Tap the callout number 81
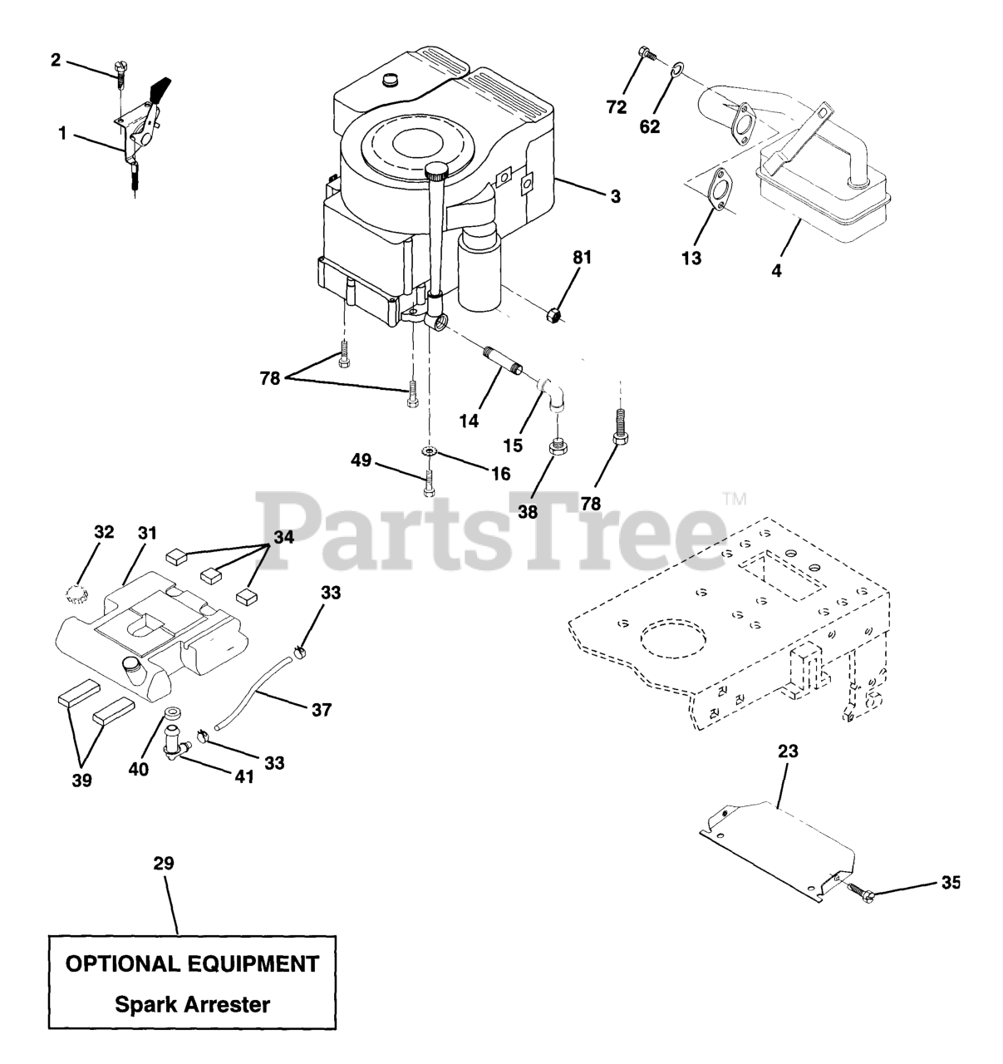click(582, 258)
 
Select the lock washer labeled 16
click(429, 450)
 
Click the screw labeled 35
click(856, 891)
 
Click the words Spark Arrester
click(192, 1004)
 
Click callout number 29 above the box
click(163, 863)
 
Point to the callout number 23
click(788, 751)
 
